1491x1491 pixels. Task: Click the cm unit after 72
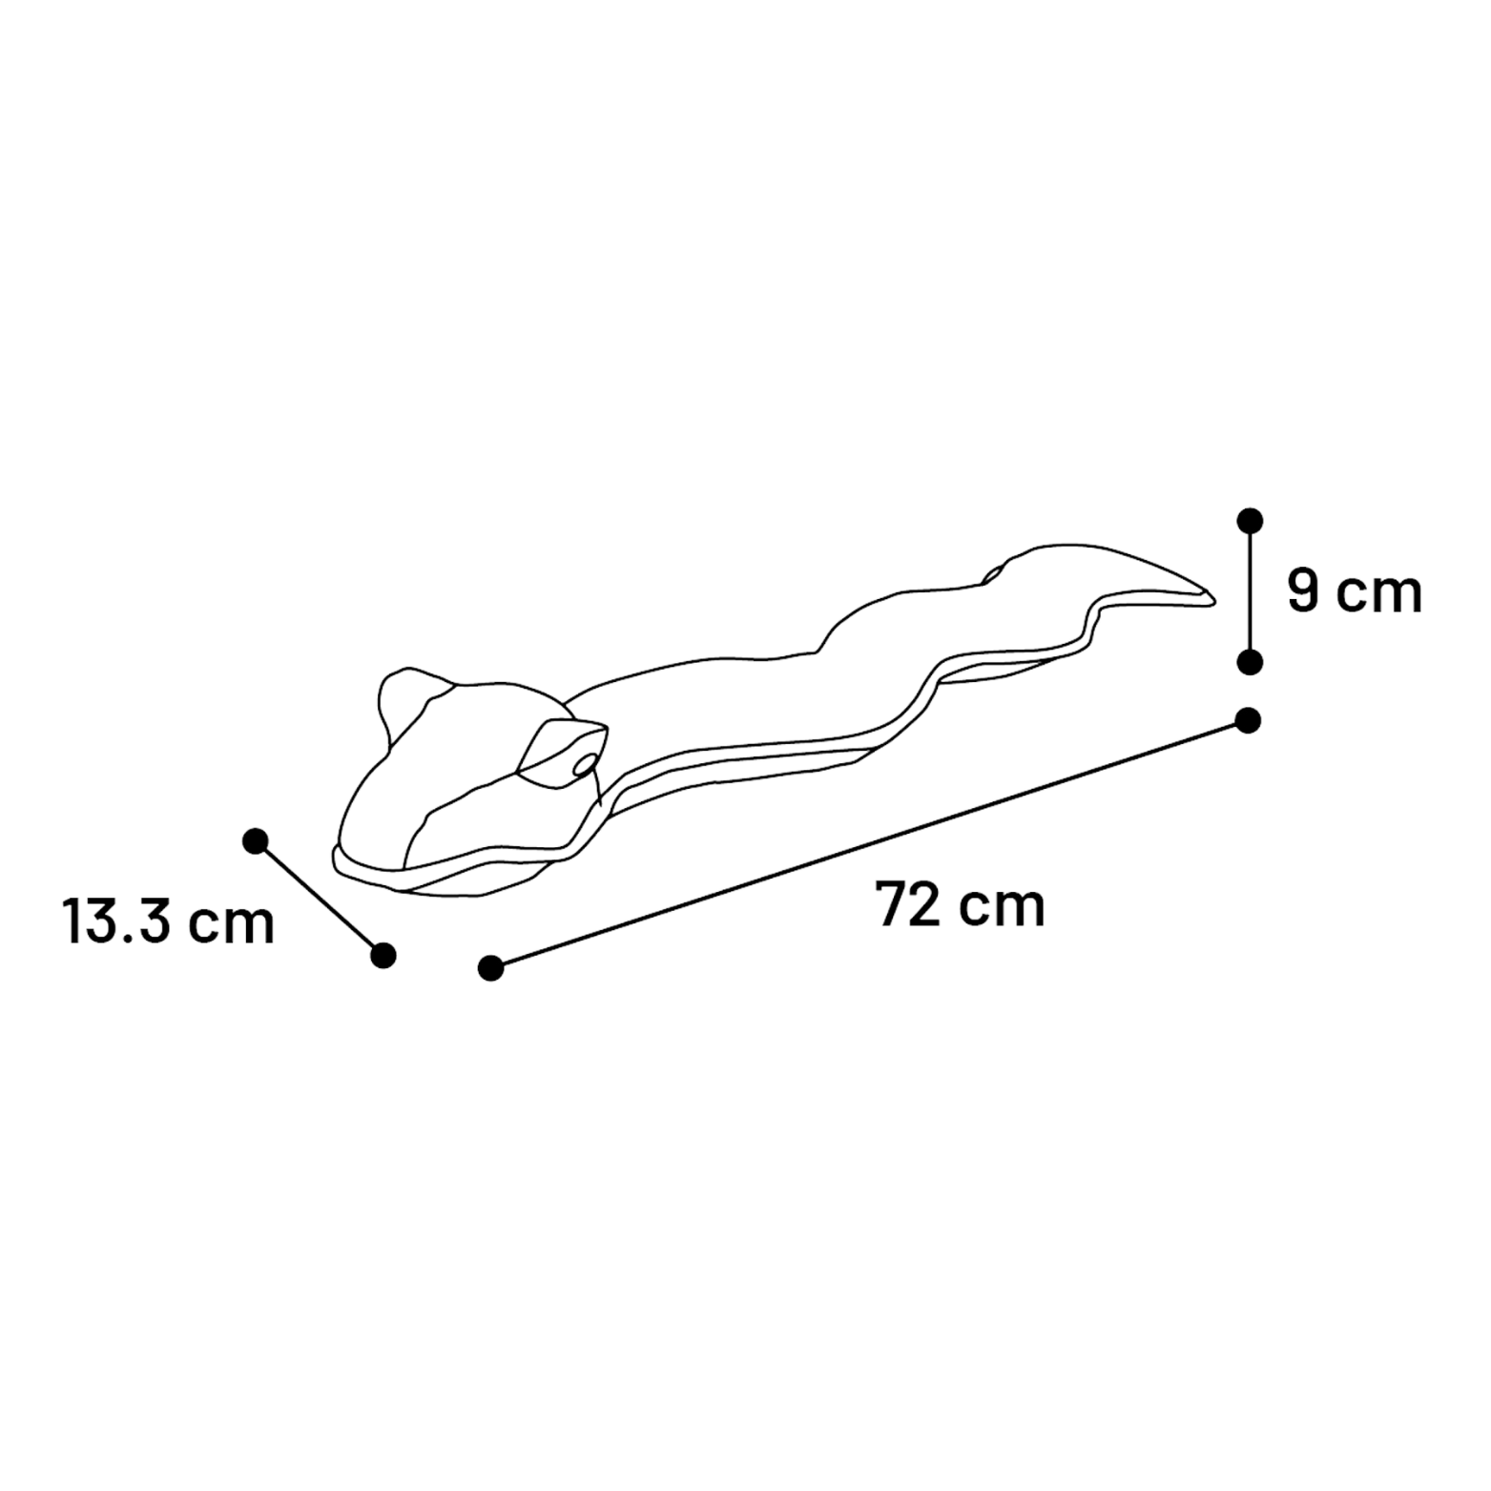pos(1002,908)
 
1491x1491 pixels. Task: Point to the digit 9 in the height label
pos(1303,590)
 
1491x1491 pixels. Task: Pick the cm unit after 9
pos(1379,595)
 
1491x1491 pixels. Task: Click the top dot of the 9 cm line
pos(1250,521)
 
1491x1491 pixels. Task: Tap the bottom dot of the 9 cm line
pos(1250,661)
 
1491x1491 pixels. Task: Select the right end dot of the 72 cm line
pos(1248,720)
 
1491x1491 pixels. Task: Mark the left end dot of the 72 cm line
pos(490,968)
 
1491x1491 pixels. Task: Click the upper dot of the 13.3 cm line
pos(255,840)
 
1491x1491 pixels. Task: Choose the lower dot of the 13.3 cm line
pos(383,955)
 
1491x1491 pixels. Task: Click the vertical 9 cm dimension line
pos(1250,591)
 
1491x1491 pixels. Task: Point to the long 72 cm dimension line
pos(869,844)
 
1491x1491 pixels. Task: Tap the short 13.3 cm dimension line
pos(319,898)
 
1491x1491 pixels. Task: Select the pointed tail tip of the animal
pos(1213,600)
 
